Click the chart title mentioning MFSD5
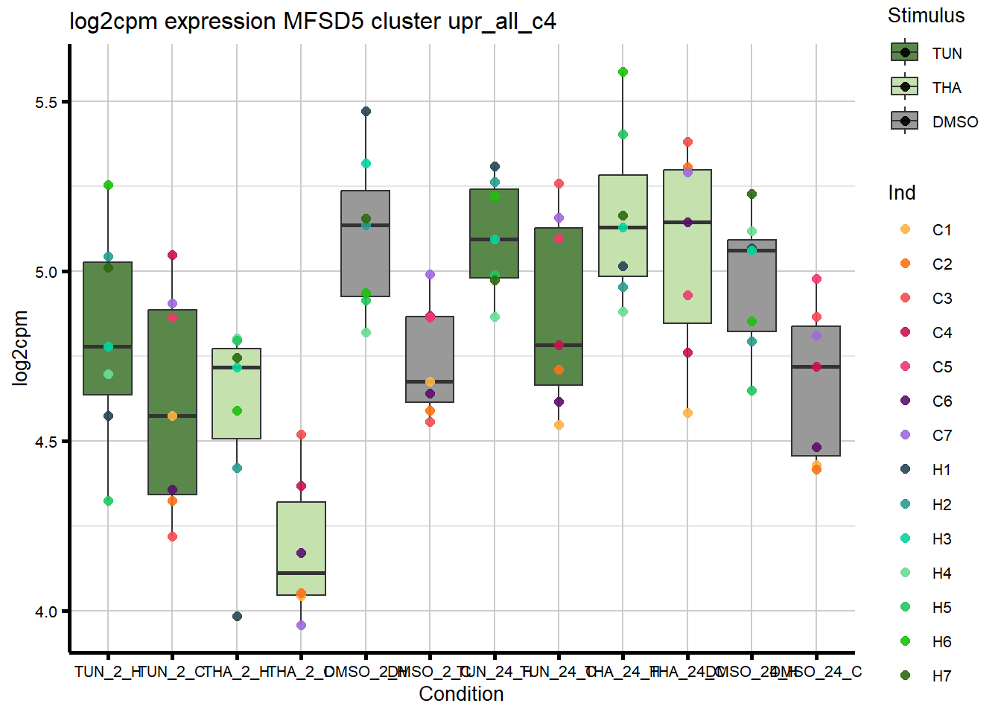(313, 21)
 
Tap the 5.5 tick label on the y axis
(46, 102)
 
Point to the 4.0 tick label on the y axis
(46, 611)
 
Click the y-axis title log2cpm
(20, 348)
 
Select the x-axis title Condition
(461, 694)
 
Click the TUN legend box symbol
(905, 53)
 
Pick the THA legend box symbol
(905, 87)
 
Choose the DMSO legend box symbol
(905, 121)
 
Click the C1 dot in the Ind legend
(905, 229)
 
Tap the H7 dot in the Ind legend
(905, 676)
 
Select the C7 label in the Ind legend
(942, 436)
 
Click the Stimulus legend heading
(926, 16)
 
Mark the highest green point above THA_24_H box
(623, 72)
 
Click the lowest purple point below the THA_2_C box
(301, 625)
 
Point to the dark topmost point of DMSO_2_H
(366, 112)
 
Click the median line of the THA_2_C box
(301, 573)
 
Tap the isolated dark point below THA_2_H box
(237, 616)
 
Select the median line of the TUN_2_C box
(172, 416)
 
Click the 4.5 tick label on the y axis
(46, 442)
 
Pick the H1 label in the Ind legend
(942, 470)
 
